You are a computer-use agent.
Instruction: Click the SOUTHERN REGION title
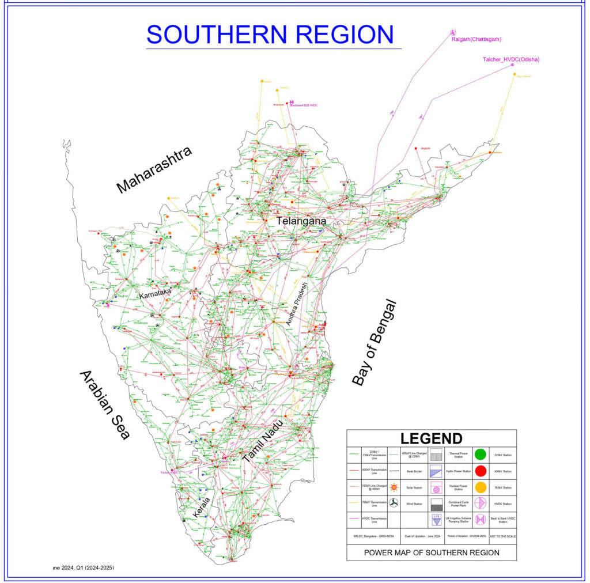tap(270, 34)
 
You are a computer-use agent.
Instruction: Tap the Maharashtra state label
tap(153, 170)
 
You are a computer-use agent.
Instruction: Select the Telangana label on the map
tap(301, 221)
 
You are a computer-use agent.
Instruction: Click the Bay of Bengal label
tap(375, 343)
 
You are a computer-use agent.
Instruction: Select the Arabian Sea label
tap(104, 405)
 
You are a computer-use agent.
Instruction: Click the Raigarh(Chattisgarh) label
tap(476, 39)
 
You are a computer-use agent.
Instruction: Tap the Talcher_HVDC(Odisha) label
tap(511, 59)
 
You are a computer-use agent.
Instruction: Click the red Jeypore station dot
tap(417, 149)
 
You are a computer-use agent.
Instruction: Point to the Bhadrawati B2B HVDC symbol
tap(292, 102)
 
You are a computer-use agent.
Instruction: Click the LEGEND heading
tap(431, 438)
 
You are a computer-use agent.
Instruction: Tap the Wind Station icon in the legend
tap(394, 503)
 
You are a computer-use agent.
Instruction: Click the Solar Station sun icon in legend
tap(394, 487)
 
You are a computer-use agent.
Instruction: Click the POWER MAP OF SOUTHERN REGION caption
tap(431, 552)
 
